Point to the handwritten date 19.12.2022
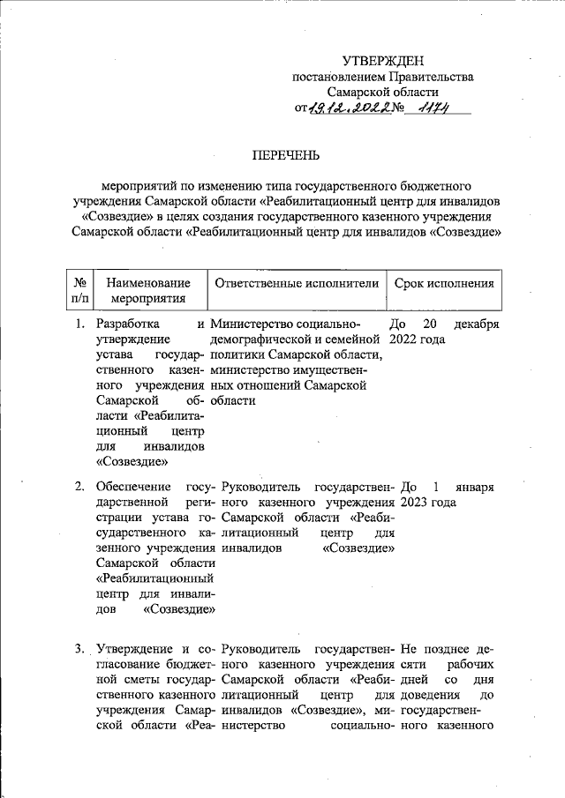tap(350, 108)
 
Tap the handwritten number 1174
tap(437, 107)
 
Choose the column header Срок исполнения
tap(443, 283)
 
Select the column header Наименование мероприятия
tap(148, 290)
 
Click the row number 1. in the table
tap(79, 324)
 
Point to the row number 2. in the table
tap(79, 486)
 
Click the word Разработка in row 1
tap(129, 324)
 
